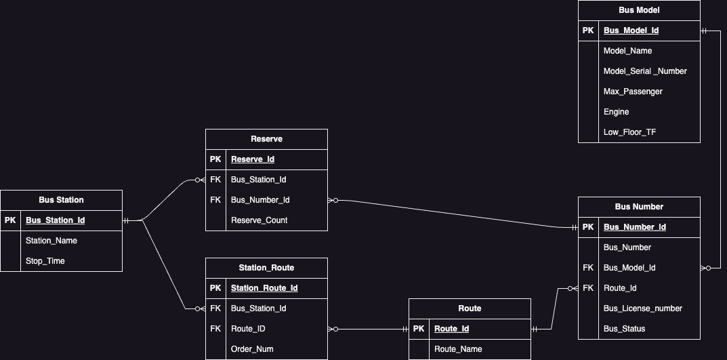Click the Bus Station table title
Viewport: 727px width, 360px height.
point(61,200)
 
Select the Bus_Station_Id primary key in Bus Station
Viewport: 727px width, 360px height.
point(55,220)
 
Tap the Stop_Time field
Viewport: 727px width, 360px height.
point(45,261)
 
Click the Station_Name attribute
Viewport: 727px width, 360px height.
point(51,241)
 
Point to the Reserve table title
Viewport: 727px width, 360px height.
point(266,139)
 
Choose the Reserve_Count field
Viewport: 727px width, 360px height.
point(259,220)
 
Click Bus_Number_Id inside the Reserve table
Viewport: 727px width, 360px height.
point(260,200)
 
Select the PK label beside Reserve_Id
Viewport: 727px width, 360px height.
point(215,159)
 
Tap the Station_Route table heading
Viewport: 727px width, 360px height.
point(266,268)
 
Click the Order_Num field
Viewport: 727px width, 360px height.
point(252,349)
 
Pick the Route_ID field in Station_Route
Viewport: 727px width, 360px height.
point(248,329)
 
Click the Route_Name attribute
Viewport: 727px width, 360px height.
point(458,349)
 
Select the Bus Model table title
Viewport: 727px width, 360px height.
point(639,10)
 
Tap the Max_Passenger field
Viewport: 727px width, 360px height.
point(633,92)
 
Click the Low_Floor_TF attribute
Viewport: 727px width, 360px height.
point(629,132)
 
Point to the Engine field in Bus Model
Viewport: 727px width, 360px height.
point(616,112)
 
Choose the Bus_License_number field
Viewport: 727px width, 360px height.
point(642,308)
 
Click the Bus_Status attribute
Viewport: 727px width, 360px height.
point(624,329)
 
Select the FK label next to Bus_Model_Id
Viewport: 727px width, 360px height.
point(587,268)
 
